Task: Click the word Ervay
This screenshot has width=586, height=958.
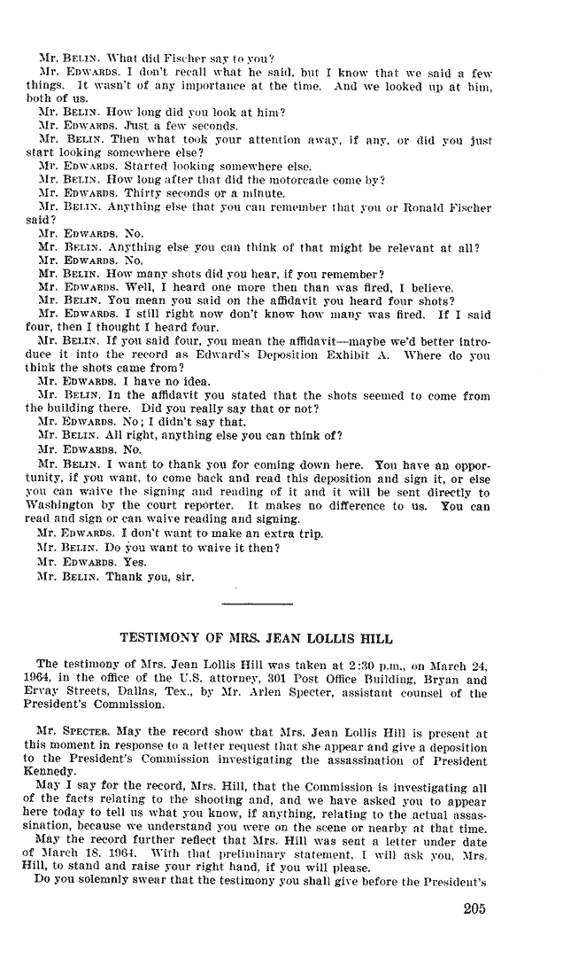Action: click(x=44, y=694)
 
